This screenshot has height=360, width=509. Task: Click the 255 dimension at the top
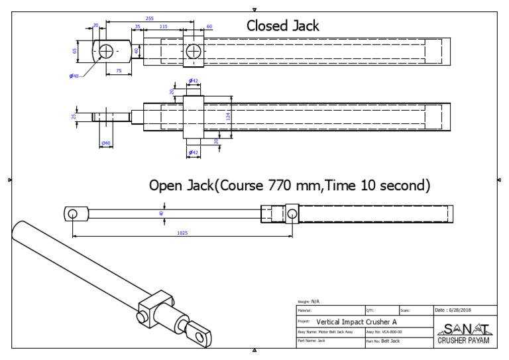coord(149,19)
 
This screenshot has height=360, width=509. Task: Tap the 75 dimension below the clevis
coord(119,70)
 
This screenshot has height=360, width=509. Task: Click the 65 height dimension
coord(76,50)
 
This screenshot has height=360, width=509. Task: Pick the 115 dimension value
coord(163,26)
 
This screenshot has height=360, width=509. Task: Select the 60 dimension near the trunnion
coord(209,27)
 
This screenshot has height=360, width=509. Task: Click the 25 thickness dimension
coord(74,117)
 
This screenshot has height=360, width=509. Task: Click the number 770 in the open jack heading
coord(279,186)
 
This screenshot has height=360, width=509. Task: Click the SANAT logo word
coord(463,328)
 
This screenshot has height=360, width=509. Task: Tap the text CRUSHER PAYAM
coord(463,340)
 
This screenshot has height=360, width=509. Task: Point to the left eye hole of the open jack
coord(72,213)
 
